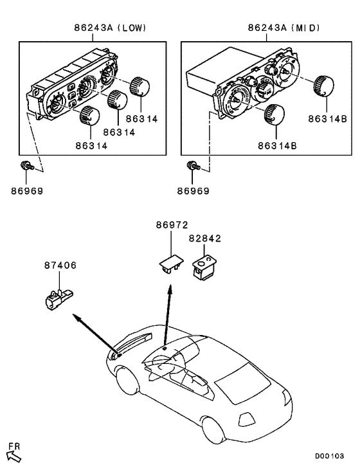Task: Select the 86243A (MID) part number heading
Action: coord(283,28)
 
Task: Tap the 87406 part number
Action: coord(59,265)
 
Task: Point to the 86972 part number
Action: coord(171,226)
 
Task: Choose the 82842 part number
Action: coord(204,238)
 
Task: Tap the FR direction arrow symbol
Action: coord(13,455)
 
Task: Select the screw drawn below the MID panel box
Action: coord(192,167)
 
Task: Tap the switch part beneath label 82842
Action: coord(204,265)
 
